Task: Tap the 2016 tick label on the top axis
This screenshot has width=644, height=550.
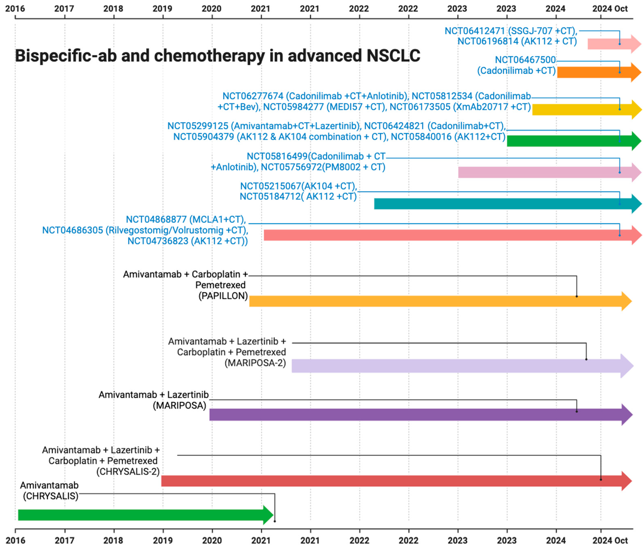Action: pyautogui.click(x=15, y=8)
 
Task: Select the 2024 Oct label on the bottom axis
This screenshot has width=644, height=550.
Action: pyautogui.click(x=610, y=540)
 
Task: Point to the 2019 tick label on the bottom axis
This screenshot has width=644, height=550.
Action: pyautogui.click(x=163, y=540)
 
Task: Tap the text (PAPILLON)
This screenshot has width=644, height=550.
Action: pyautogui.click(x=223, y=296)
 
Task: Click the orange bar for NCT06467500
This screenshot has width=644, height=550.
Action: pyautogui.click(x=591, y=72)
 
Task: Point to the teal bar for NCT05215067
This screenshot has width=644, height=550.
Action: pyautogui.click(x=497, y=204)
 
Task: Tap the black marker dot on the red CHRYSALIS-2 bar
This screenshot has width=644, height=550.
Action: pyautogui.click(x=601, y=479)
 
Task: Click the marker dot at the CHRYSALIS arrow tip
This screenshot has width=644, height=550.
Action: pyautogui.click(x=275, y=521)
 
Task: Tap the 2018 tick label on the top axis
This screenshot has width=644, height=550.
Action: pyautogui.click(x=113, y=8)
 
